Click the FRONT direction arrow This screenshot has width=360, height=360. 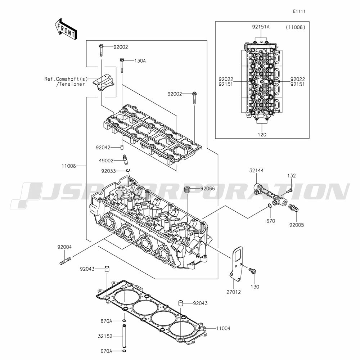66,29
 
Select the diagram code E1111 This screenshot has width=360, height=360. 299,12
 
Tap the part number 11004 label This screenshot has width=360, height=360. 223,329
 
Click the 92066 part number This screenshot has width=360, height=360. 208,189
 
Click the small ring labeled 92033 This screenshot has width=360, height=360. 128,170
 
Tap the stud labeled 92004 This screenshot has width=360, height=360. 65,261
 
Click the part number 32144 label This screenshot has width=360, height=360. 256,171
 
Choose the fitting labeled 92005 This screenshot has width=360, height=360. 293,208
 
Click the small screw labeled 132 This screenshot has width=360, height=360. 289,191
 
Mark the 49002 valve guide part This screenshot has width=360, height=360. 125,160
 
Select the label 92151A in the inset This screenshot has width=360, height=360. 261,27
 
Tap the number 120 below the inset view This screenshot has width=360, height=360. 262,135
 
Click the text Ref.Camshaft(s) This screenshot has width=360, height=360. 66,79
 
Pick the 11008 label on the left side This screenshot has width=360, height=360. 69,166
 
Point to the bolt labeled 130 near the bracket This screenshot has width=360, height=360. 253,271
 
